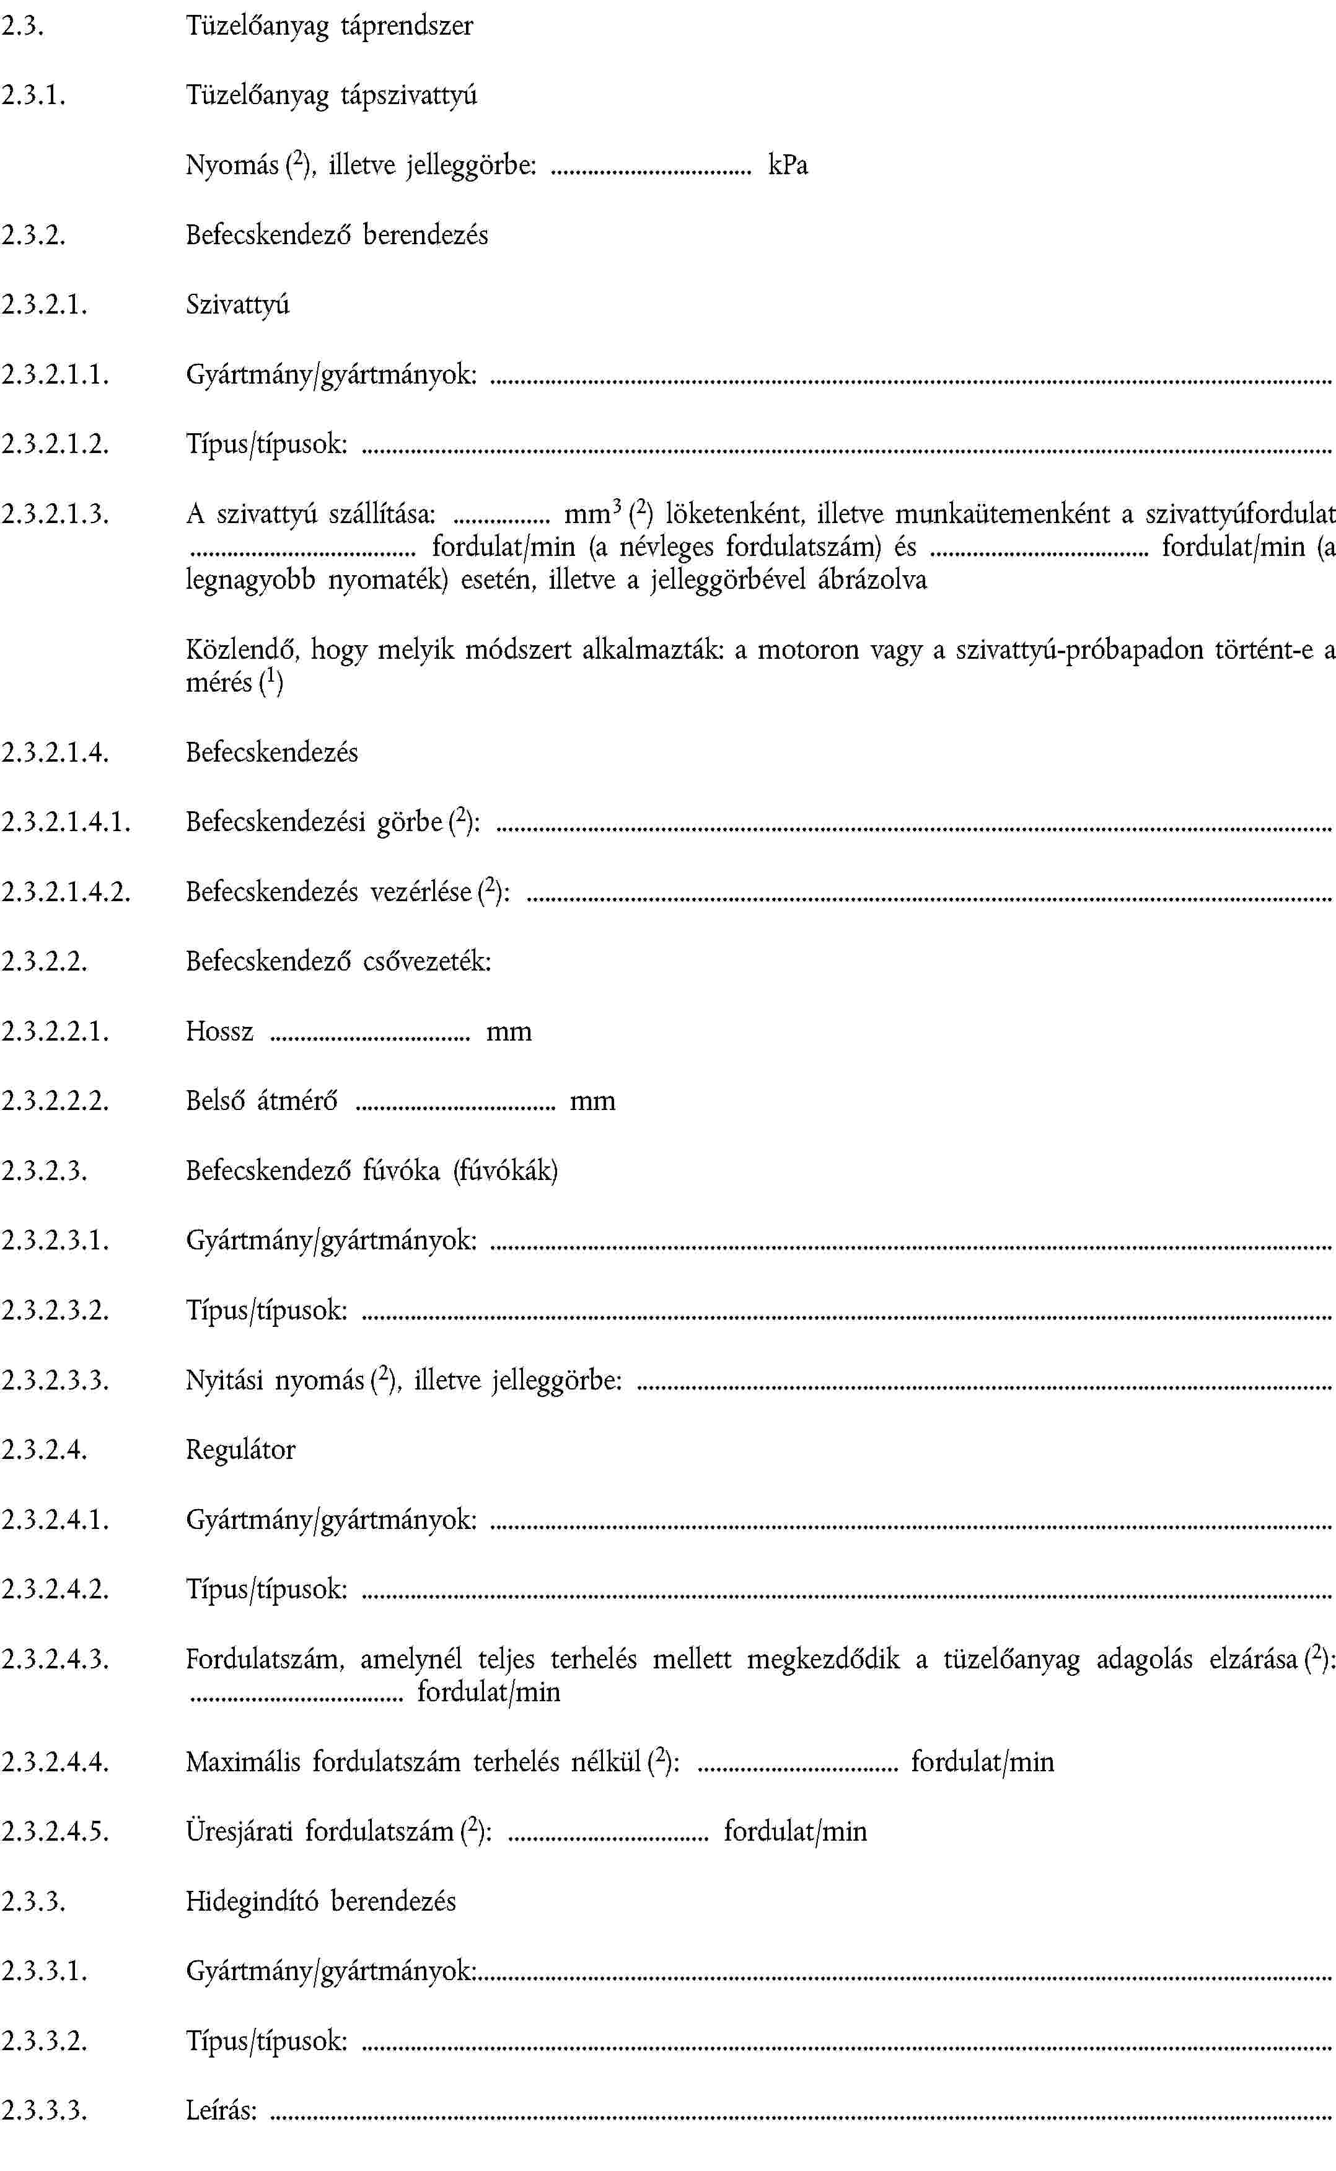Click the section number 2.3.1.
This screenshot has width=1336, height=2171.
[x=33, y=95]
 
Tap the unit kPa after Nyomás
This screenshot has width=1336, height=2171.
[x=787, y=165]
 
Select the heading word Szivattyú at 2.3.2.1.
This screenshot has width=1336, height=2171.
[x=238, y=305]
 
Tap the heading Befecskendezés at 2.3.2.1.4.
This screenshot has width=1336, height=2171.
[x=272, y=753]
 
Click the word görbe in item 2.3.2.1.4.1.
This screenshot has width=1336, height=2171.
[x=409, y=822]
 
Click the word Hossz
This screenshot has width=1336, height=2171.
[x=219, y=1032]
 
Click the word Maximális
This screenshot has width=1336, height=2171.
[x=242, y=1763]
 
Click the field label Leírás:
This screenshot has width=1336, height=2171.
[x=221, y=2111]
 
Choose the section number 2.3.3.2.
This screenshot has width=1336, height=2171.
[x=44, y=2041]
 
